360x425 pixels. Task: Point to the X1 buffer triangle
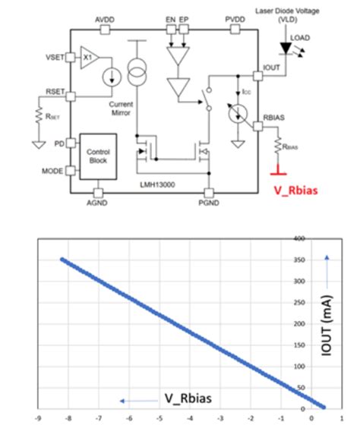pos(89,58)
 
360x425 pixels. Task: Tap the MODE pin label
pos(52,171)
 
